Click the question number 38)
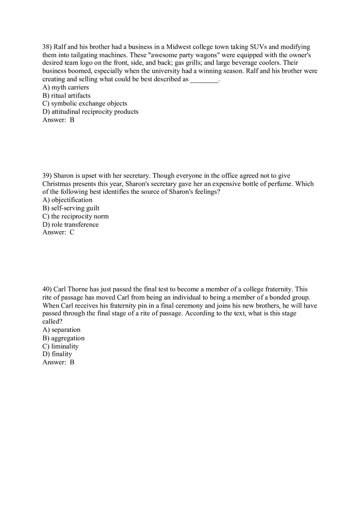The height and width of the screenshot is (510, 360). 47,47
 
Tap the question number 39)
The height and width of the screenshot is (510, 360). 47,176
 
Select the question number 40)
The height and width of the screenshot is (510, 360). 47,290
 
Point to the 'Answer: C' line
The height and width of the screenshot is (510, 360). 59,232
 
